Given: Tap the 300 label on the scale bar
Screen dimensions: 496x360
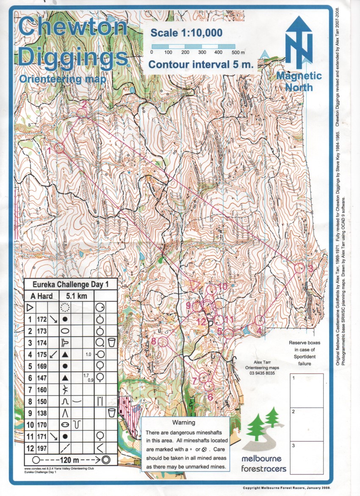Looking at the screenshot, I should (x=202, y=52).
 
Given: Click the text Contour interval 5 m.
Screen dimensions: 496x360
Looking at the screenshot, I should (x=201, y=65).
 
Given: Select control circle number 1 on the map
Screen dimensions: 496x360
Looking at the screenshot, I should (x=59, y=148).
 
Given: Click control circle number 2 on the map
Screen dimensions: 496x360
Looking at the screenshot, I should (x=82, y=113).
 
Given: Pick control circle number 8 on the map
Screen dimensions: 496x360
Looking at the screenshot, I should (x=163, y=341).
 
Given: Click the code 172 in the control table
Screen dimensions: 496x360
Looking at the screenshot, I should (x=42, y=318).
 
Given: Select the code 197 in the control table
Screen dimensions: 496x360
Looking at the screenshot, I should (x=42, y=447).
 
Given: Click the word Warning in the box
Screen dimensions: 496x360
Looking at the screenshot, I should (x=184, y=422).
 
